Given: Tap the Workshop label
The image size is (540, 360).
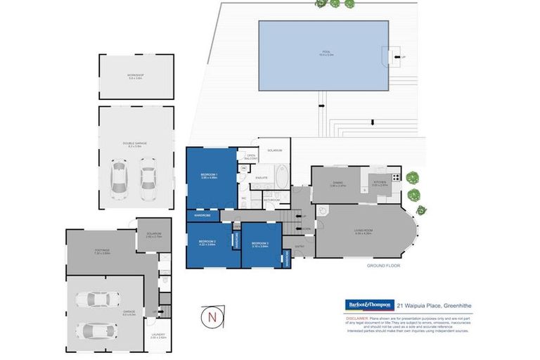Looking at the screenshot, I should point(136,77).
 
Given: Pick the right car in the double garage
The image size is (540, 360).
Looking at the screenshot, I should point(147,175).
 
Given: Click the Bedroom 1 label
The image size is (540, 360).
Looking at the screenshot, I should point(210,176).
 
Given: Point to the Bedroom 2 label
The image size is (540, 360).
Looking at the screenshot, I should point(206,243).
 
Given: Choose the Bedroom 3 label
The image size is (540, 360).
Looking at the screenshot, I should point(260,245).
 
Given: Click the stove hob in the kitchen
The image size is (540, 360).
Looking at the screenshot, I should point(396,176).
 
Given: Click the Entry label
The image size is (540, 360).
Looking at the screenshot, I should point(300,245).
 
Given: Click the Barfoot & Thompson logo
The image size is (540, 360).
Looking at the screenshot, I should point(368,304).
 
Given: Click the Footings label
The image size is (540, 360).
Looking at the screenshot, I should point(103,252).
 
